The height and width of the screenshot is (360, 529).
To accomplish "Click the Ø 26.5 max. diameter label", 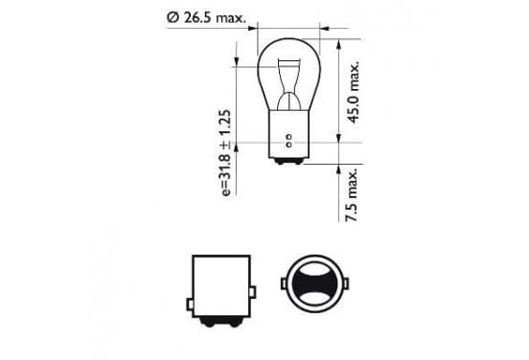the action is pos(206,17).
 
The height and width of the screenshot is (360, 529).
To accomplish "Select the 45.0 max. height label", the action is pos(354,92).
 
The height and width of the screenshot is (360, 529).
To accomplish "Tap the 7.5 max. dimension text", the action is pos(351,194).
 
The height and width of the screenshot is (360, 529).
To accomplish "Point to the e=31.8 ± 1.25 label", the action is pos(226,152).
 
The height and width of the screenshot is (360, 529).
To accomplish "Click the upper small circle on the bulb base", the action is pos(288,138).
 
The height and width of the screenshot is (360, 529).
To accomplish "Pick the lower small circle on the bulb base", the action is pos(288,145).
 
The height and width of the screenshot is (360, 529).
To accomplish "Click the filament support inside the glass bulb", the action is pos(288,84).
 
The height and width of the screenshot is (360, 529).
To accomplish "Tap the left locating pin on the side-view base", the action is pos(191,304).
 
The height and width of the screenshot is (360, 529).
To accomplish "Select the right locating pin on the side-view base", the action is pos(252,292).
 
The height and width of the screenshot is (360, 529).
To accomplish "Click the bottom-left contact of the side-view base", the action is pos(209,323).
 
